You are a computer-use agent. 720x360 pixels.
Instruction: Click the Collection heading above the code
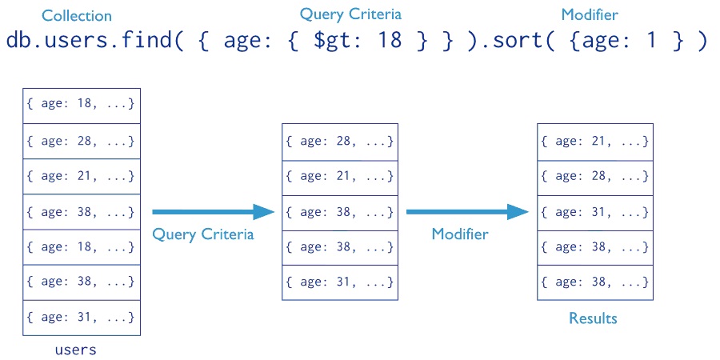77,16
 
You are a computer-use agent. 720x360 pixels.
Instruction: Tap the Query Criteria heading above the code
351,14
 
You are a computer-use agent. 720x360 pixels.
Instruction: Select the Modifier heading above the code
590,14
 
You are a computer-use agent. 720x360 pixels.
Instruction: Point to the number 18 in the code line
390,41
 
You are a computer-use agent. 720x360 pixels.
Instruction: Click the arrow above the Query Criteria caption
213,212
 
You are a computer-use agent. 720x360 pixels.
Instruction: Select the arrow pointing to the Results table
468,212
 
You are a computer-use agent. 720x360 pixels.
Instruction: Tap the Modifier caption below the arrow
460,234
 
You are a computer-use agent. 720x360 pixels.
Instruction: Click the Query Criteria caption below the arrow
203,234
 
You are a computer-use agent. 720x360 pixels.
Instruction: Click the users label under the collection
76,350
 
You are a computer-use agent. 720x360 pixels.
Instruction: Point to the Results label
593,318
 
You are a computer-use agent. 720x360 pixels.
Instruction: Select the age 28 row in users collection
82,141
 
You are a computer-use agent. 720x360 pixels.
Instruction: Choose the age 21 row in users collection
82,176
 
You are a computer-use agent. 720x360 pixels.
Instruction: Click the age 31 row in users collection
82,318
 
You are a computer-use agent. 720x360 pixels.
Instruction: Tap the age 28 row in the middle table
340,142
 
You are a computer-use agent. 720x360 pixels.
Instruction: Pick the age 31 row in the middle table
340,282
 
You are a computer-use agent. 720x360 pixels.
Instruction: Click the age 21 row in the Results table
595,142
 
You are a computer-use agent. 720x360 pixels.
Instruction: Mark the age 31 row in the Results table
595,213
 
